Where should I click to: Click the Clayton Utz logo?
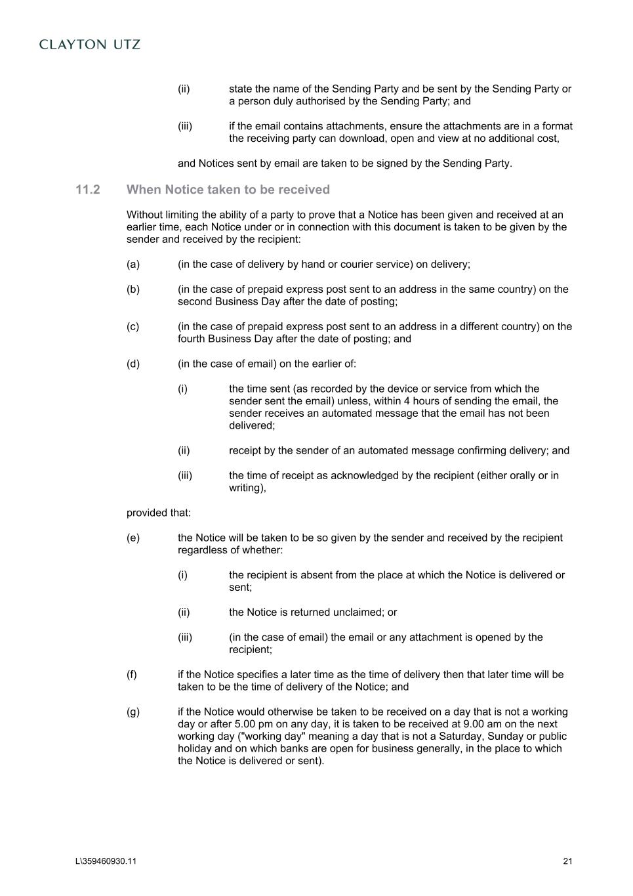pyautogui.click(x=90, y=45)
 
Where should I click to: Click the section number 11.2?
pyautogui.click(x=88, y=190)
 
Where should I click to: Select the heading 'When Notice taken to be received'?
pyautogui.click(x=228, y=190)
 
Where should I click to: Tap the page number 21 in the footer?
pyautogui.click(x=567, y=861)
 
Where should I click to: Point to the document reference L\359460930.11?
pyautogui.click(x=106, y=861)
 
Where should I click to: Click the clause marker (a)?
pyautogui.click(x=133, y=265)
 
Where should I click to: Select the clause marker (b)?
pyautogui.click(x=133, y=289)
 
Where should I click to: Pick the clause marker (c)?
pyautogui.click(x=133, y=327)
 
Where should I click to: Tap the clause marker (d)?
pyautogui.click(x=133, y=364)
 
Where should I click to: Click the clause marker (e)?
pyautogui.click(x=133, y=538)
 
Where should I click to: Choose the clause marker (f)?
pyautogui.click(x=132, y=675)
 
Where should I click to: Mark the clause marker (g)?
pyautogui.click(x=133, y=712)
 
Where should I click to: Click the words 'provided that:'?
pyautogui.click(x=158, y=513)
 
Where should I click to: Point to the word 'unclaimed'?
pyautogui.click(x=359, y=612)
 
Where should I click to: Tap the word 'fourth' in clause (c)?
pyautogui.click(x=191, y=339)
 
